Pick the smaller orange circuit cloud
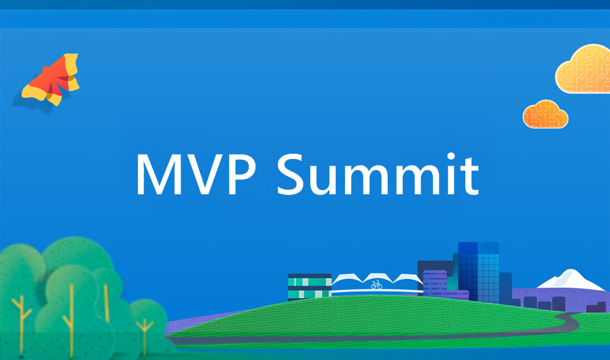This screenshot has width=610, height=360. coord(545,114)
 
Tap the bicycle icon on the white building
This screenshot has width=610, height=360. coord(376,285)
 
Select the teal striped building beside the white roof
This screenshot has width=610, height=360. coord(309,287)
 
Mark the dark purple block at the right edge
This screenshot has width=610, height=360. coord(596,308)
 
